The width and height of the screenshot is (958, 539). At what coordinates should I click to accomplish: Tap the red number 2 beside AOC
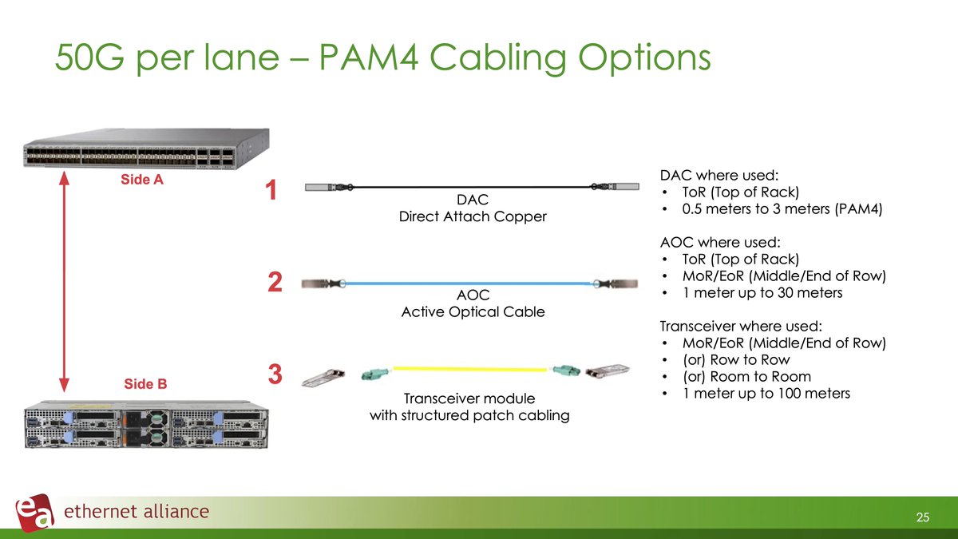point(274,283)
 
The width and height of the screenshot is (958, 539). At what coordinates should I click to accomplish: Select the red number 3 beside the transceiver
point(274,374)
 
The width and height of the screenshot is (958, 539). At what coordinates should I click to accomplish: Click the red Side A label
point(142,180)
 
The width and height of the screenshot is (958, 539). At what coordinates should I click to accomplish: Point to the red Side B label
point(144,383)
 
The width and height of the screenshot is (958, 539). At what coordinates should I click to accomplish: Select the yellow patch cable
point(472,369)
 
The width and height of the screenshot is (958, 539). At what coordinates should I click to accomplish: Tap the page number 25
point(923,518)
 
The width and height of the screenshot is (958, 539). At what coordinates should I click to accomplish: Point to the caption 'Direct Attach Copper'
point(473,216)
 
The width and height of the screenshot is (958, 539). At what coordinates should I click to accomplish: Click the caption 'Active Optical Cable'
point(473,312)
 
